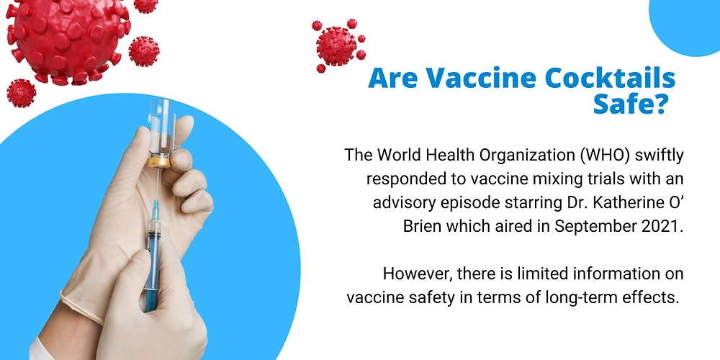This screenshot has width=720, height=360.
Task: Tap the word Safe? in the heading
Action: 629,105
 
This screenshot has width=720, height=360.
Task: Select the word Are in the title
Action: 392,78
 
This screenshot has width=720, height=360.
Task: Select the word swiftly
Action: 660,156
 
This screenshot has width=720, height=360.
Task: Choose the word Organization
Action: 528,156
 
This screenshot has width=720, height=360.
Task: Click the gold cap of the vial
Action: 159,162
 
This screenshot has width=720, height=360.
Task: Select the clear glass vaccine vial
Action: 161,132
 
